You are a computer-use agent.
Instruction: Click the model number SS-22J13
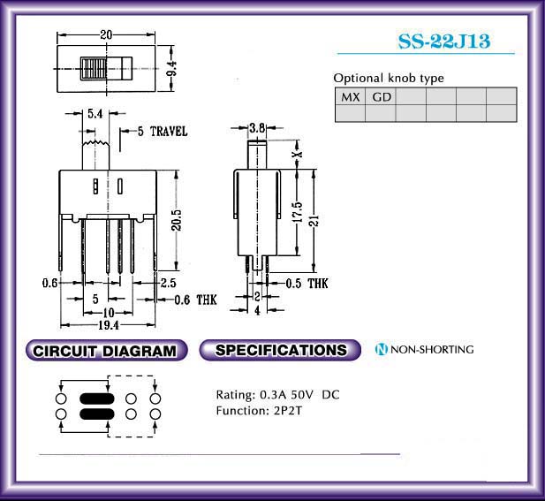click(444, 42)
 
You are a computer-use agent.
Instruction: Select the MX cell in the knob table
click(351, 96)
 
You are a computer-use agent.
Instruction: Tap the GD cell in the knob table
click(382, 96)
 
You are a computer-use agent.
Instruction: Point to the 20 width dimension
click(106, 34)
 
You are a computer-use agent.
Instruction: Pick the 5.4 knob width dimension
click(95, 113)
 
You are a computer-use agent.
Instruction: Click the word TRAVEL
click(169, 132)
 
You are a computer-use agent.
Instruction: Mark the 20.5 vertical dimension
click(177, 220)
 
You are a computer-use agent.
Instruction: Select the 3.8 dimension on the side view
click(257, 128)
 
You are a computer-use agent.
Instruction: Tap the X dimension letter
click(298, 154)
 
